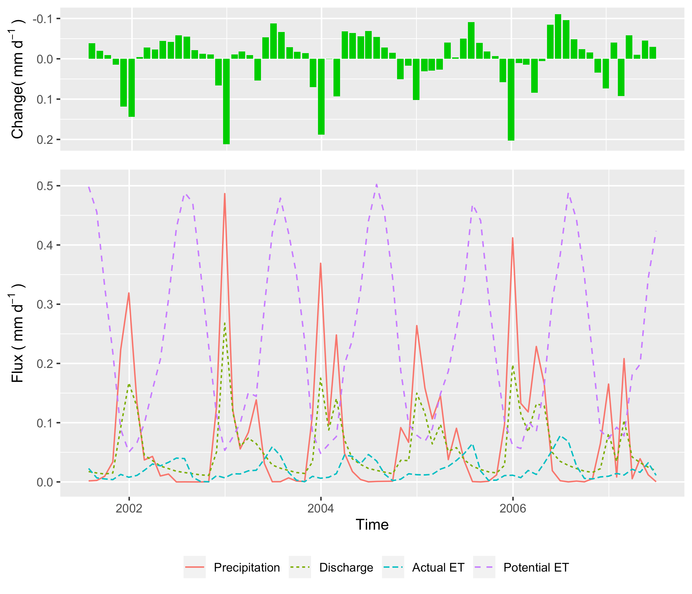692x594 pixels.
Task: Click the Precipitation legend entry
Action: [246, 568]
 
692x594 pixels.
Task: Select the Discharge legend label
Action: [346, 568]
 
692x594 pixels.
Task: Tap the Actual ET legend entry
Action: [438, 568]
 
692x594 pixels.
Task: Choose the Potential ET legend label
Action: [536, 568]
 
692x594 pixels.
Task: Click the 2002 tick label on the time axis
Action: [129, 509]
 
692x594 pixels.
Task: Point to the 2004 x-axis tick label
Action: [321, 509]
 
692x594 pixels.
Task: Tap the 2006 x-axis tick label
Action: [513, 509]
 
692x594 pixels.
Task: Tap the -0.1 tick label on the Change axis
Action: [42, 19]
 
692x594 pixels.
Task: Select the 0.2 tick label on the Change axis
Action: [44, 140]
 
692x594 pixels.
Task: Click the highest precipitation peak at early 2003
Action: [225, 194]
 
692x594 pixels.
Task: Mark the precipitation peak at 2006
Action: [512, 238]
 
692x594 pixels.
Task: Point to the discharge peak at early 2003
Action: [225, 323]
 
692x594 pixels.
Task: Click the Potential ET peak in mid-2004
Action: [376, 184]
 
